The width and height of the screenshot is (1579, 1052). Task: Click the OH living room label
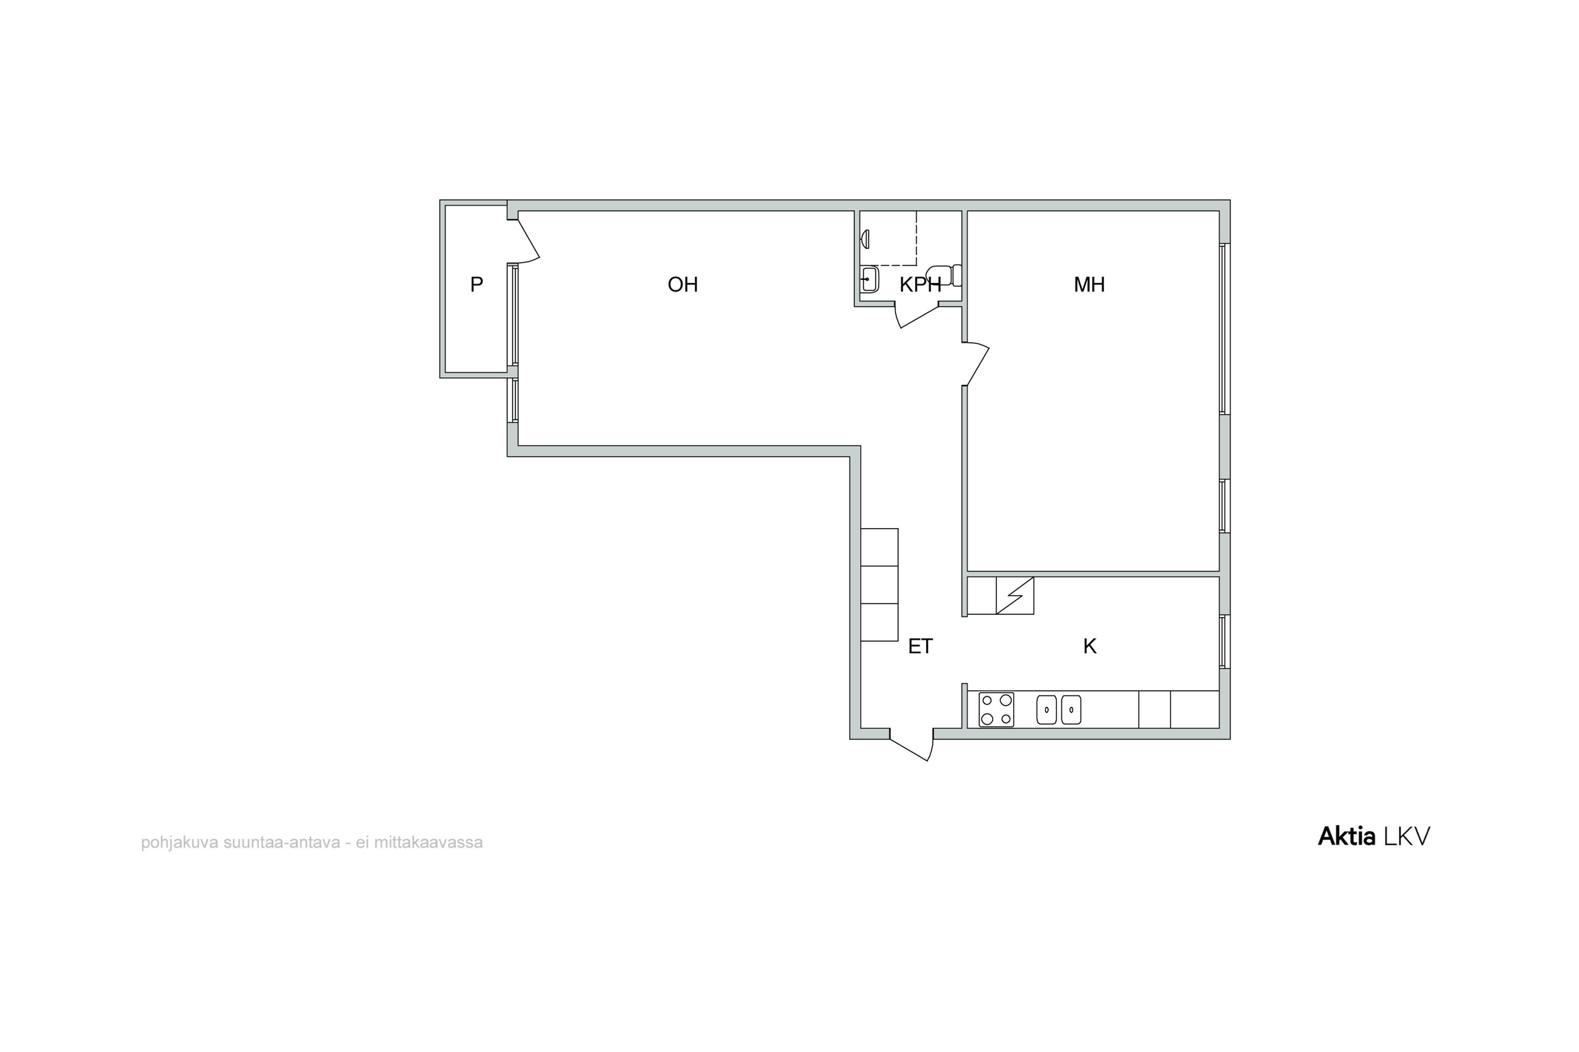click(x=683, y=285)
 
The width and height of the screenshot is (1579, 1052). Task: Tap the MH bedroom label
click(x=1089, y=285)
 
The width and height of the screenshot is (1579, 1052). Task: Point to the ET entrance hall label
click(x=921, y=646)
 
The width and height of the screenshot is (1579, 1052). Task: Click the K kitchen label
click(x=1090, y=646)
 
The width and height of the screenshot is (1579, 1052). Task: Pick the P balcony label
click(x=477, y=285)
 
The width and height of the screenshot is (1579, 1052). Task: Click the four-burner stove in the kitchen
click(x=996, y=710)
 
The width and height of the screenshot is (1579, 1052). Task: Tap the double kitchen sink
click(x=1058, y=710)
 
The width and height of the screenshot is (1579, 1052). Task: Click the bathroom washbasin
click(x=870, y=279)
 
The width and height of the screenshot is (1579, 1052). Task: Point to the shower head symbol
click(x=865, y=239)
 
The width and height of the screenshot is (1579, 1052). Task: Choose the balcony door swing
click(x=528, y=239)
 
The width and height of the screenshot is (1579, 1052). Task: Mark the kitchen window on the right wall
click(x=1225, y=641)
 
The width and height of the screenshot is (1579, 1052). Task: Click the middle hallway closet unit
click(x=880, y=584)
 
